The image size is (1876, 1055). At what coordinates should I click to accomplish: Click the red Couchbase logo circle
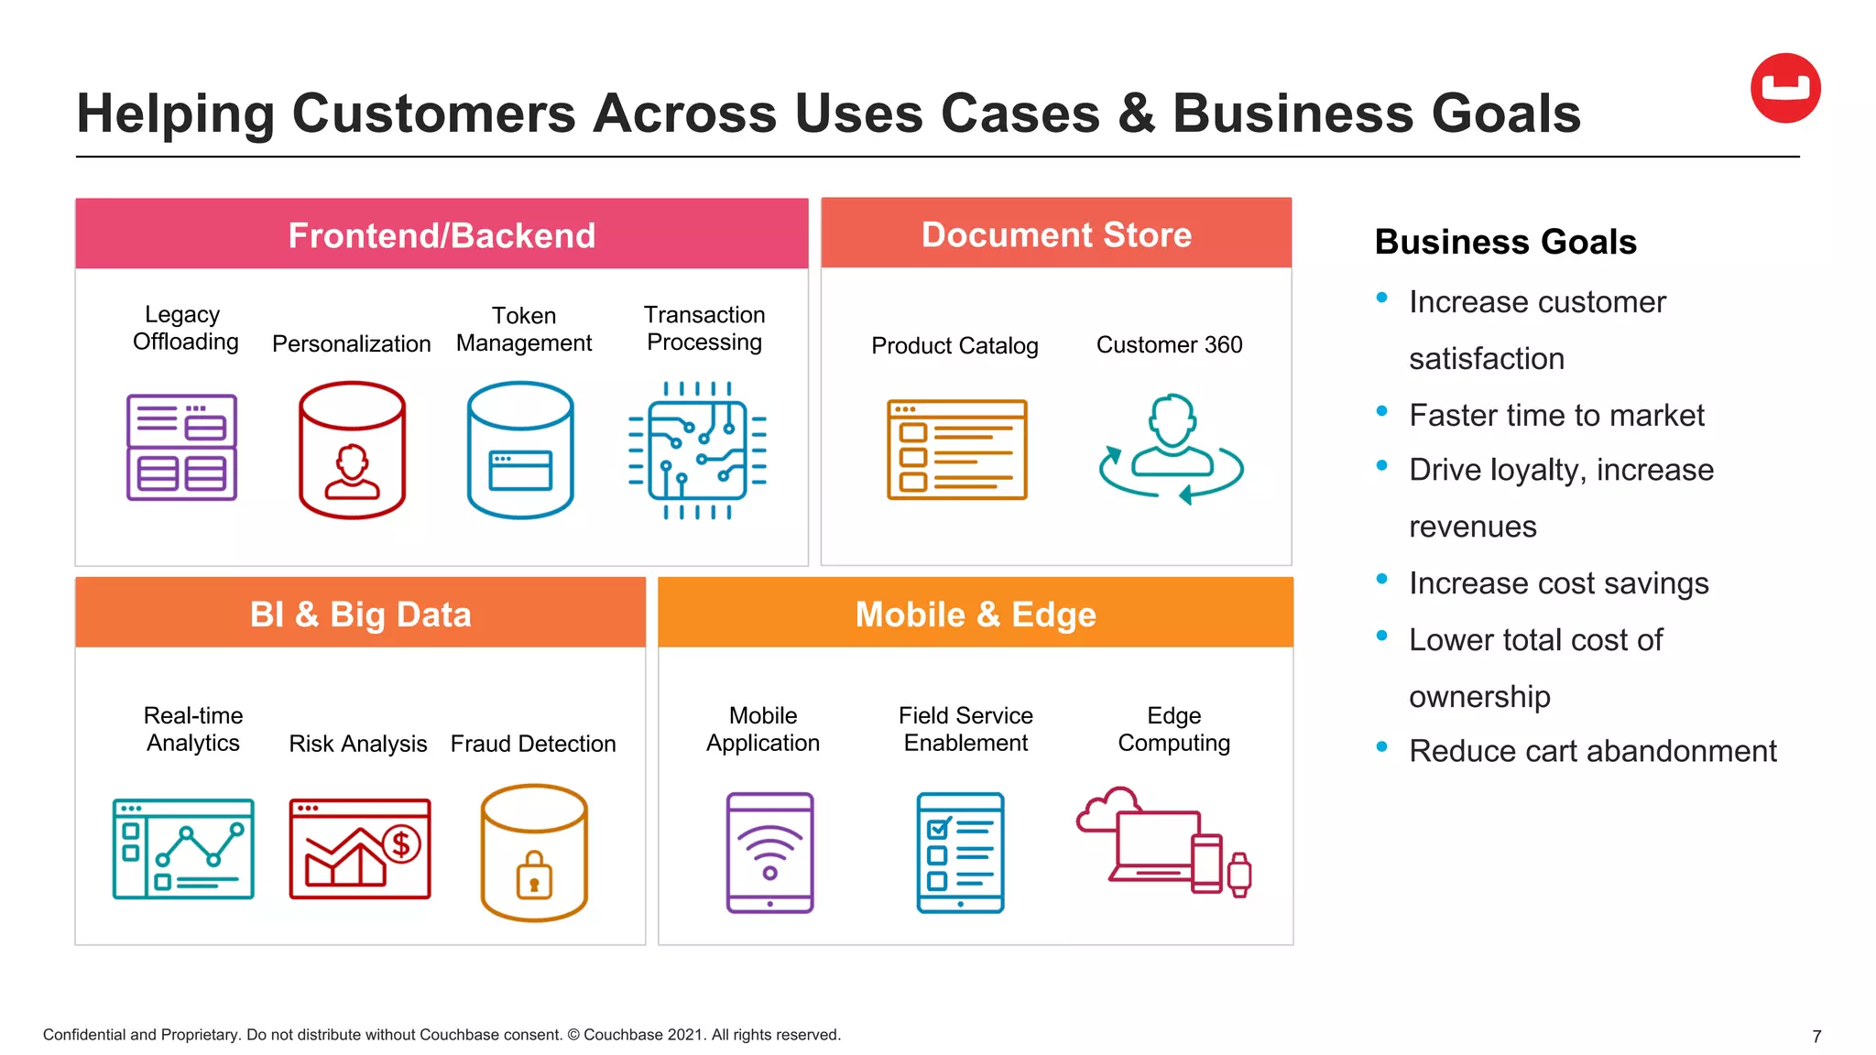point(1785,88)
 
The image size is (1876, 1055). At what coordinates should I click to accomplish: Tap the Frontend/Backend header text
point(442,235)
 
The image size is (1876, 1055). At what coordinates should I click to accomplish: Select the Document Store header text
point(1056,234)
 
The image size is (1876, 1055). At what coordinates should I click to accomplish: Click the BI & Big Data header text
point(360,614)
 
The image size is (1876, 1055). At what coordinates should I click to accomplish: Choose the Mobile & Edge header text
point(976,614)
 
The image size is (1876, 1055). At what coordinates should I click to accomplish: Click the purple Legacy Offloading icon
point(181,448)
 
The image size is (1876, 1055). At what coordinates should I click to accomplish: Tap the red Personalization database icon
point(352,450)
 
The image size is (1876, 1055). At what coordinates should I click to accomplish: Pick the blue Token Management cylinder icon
point(520,450)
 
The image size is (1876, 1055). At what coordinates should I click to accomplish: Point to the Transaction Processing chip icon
point(697,451)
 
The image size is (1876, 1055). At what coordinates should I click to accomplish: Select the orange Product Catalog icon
point(957,450)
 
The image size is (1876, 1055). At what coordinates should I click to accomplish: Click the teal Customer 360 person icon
point(1172,448)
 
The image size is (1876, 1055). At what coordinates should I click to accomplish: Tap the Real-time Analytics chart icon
point(183,849)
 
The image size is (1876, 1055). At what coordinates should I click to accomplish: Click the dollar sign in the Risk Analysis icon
point(401,843)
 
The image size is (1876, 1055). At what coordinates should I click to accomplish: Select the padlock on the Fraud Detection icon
point(534,876)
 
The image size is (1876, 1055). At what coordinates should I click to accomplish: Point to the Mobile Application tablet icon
point(769,853)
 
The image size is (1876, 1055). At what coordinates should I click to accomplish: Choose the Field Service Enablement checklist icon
point(960,853)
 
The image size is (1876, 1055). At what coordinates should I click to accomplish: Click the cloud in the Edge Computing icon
point(1107,808)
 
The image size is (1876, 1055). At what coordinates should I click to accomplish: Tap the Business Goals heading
point(1505,242)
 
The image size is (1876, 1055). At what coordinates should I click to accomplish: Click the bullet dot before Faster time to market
point(1382,411)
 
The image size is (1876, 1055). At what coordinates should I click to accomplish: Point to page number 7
point(1816,1037)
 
